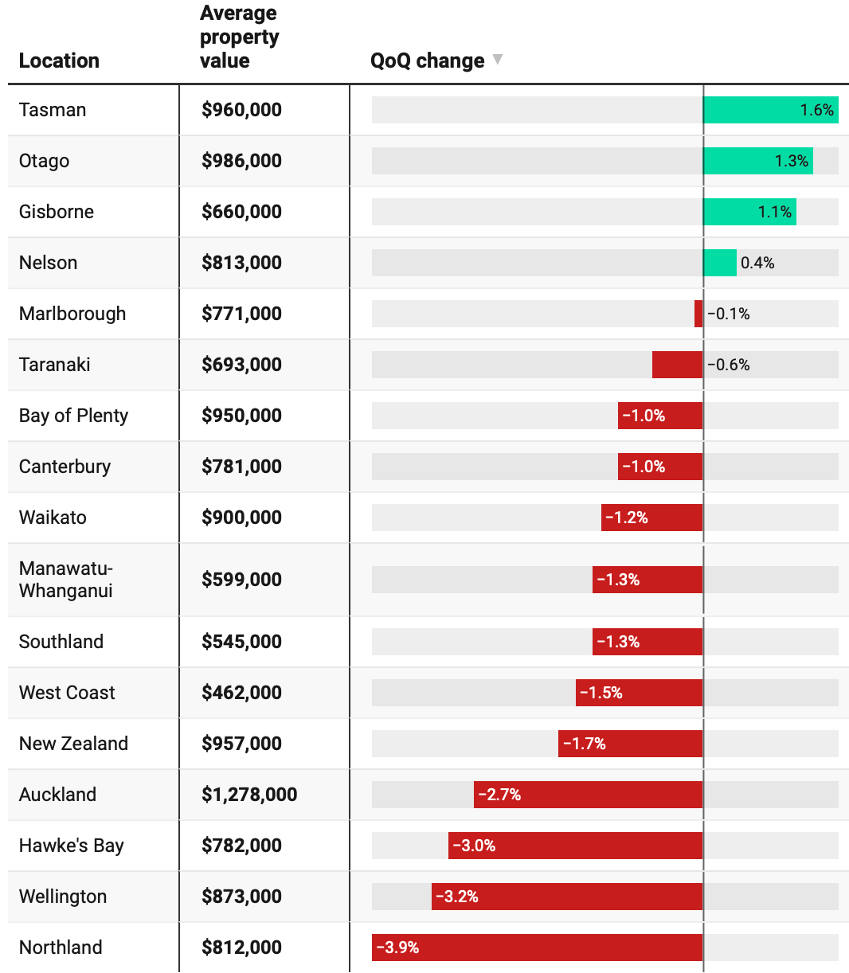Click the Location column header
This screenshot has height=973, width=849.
click(59, 61)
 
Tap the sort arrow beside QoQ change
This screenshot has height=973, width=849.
click(498, 59)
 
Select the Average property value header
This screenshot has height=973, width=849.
click(239, 37)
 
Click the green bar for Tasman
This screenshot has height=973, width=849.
click(770, 110)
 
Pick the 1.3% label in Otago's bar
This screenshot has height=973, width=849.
click(792, 161)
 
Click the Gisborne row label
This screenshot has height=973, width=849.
click(57, 212)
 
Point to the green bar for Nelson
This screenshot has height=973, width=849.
click(720, 263)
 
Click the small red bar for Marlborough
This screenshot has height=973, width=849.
click(698, 314)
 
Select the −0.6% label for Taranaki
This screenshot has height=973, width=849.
click(729, 365)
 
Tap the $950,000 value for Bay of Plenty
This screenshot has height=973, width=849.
click(241, 415)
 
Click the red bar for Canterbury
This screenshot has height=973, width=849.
click(660, 466)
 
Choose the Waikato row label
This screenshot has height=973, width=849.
click(53, 518)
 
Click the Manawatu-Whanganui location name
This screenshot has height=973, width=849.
click(66, 579)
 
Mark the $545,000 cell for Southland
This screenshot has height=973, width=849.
click(241, 642)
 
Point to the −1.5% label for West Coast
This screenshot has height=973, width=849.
click(601, 693)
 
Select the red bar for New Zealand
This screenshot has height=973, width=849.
click(630, 744)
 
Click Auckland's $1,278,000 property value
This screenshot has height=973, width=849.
click(249, 794)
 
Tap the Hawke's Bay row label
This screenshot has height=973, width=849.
click(72, 846)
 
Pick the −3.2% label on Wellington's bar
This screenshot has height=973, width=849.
click(457, 897)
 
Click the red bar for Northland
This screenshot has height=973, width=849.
click(538, 948)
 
